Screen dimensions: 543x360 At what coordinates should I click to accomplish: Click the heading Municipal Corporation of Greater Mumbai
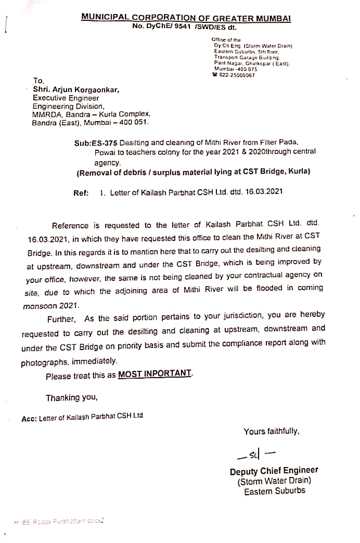pyautogui.click(x=186, y=18)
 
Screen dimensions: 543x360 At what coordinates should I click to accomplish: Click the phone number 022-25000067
pyautogui.click(x=237, y=75)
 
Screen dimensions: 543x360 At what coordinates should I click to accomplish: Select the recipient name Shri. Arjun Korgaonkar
pyautogui.click(x=76, y=89)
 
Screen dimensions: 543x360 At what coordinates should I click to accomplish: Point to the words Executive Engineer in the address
pyautogui.click(x=66, y=98)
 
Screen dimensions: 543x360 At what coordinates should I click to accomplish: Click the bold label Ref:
pyautogui.click(x=81, y=192)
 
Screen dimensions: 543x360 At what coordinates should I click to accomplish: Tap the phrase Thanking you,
pyautogui.click(x=71, y=398)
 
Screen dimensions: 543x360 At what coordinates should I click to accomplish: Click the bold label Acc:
pyautogui.click(x=29, y=418)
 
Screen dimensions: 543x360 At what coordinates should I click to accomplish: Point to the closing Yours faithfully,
pyautogui.click(x=271, y=431)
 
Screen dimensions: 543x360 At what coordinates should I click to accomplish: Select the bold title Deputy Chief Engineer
pyautogui.click(x=274, y=471)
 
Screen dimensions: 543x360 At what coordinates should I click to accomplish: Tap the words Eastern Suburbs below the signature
pyautogui.click(x=275, y=490)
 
